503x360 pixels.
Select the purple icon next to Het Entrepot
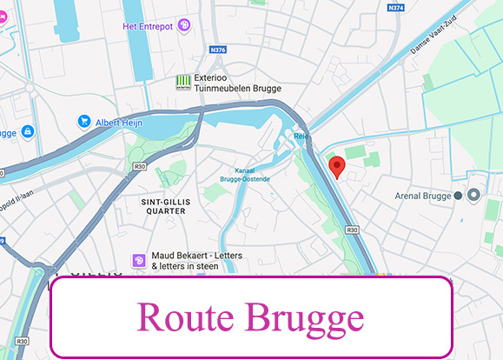click(x=183, y=26)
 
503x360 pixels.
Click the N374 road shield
click(x=397, y=8)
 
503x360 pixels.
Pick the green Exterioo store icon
click(x=182, y=82)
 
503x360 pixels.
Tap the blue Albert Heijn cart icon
click(x=84, y=121)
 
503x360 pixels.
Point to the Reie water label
click(x=301, y=137)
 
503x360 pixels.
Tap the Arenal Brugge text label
click(x=424, y=196)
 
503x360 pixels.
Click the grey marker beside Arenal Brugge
click(x=473, y=196)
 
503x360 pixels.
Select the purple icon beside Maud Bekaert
click(x=137, y=259)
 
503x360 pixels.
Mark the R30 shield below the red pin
click(x=352, y=230)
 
